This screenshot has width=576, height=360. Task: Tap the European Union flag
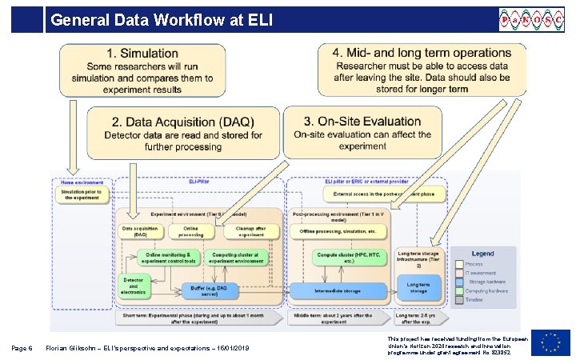click(x=555, y=342)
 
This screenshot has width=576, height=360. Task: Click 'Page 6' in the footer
click(x=22, y=348)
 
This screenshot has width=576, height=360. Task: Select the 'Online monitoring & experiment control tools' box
click(x=167, y=257)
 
